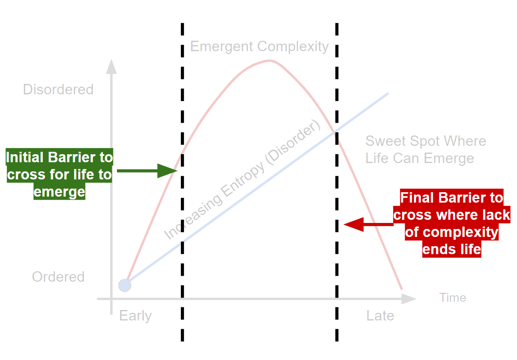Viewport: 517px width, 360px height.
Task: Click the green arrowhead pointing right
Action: pyautogui.click(x=168, y=171)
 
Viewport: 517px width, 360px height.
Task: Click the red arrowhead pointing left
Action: pyautogui.click(x=353, y=224)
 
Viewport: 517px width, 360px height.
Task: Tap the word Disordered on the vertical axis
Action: pyautogui.click(x=58, y=89)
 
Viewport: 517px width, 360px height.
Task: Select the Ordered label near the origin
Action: pyautogui.click(x=58, y=277)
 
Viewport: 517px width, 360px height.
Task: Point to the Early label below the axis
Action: pyautogui.click(x=135, y=316)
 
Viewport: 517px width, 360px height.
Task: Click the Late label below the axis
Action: pyautogui.click(x=380, y=316)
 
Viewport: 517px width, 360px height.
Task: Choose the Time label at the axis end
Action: pyautogui.click(x=453, y=298)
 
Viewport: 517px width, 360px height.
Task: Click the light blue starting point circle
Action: pyautogui.click(x=125, y=285)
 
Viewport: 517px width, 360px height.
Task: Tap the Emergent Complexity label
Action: pyautogui.click(x=259, y=46)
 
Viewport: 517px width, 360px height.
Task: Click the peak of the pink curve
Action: pyautogui.click(x=270, y=60)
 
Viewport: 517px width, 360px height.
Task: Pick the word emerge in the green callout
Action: pyautogui.click(x=59, y=192)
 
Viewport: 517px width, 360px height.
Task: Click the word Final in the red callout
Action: pyautogui.click(x=417, y=198)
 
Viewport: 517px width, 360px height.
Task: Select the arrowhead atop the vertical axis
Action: pyautogui.click(x=111, y=67)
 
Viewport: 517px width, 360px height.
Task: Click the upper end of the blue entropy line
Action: pyautogui.click(x=387, y=93)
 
